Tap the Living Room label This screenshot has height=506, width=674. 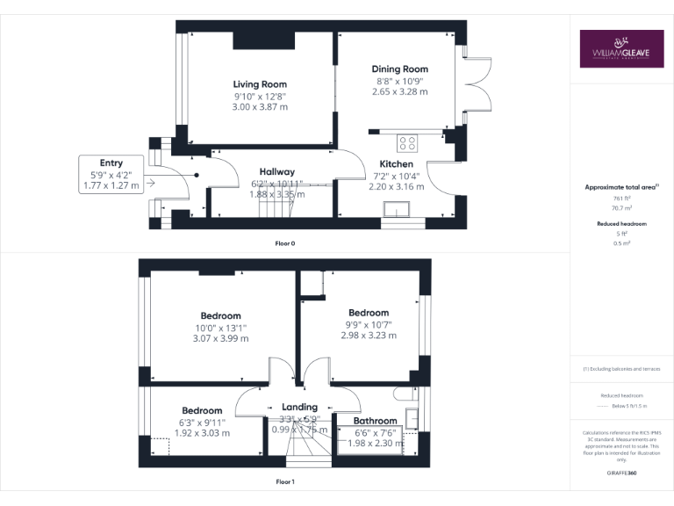point(260,83)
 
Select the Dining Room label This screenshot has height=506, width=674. point(399,69)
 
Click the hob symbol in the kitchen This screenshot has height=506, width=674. point(408,141)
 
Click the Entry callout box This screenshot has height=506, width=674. point(111,174)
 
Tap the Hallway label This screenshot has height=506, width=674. point(276,172)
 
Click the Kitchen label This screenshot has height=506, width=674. point(396,164)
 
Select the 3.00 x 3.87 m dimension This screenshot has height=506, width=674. point(260,107)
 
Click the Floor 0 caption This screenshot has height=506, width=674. point(285,242)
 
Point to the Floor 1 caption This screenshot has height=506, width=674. point(285,481)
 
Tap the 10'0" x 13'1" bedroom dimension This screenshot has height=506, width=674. point(220,329)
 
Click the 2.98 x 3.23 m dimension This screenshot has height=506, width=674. point(368,336)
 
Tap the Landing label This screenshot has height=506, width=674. point(299,408)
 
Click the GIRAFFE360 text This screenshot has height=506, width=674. point(622,473)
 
